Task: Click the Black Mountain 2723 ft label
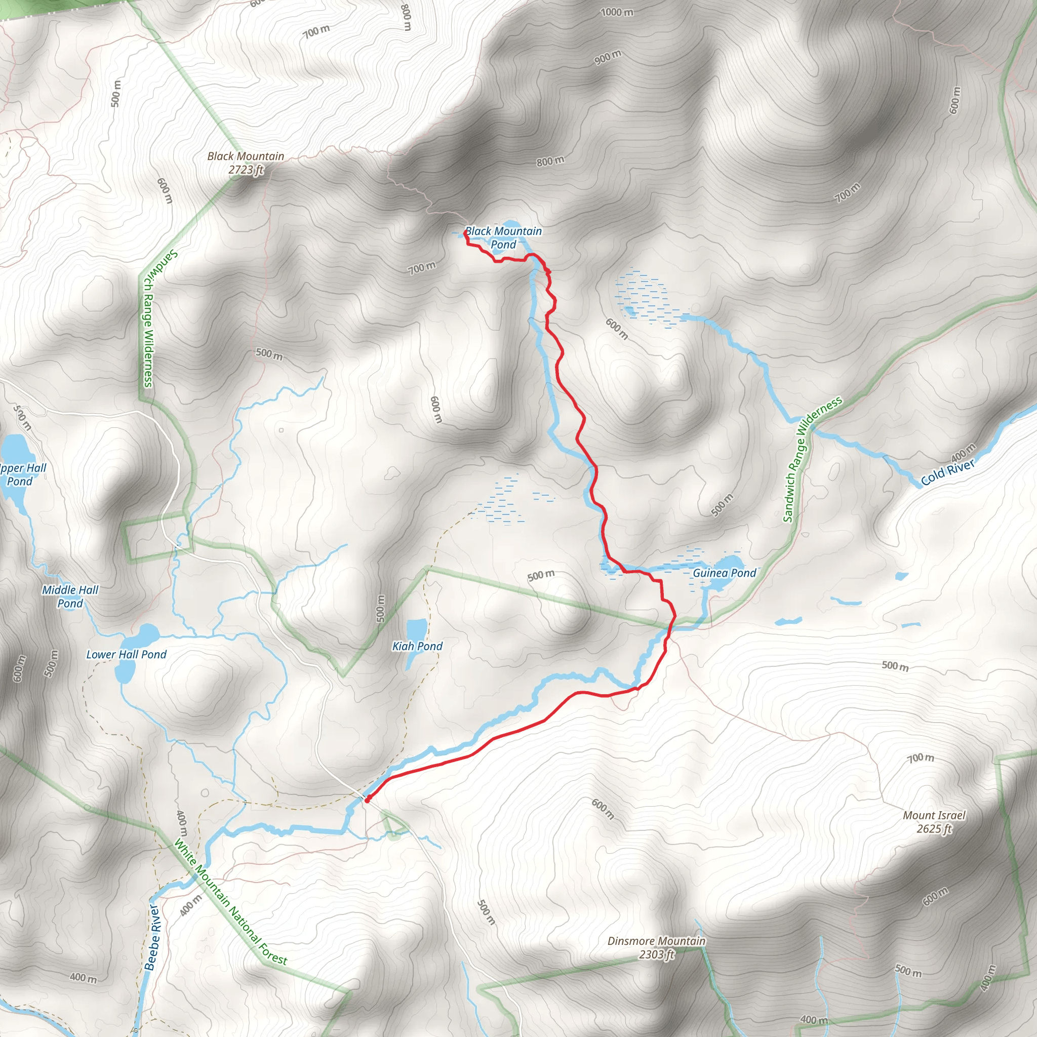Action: pos(246,163)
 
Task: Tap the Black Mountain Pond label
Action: pos(503,238)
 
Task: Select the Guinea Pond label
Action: pos(724,573)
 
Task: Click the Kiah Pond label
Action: pos(417,646)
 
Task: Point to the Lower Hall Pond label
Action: pos(126,654)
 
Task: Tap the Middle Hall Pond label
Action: pos(70,596)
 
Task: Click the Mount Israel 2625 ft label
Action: pos(933,822)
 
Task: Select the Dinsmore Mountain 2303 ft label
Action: pos(656,947)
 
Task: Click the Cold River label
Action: pos(947,472)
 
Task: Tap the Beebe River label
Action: pos(152,937)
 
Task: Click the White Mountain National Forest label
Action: pos(231,902)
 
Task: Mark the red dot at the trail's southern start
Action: pos(367,800)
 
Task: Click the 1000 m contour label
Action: pos(617,12)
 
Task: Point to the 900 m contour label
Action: pos(608,57)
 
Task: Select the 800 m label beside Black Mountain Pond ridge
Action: pos(550,161)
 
